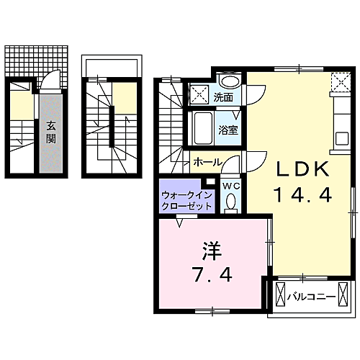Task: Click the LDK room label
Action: pyautogui.click(x=302, y=169)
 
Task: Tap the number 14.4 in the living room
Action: pyautogui.click(x=302, y=194)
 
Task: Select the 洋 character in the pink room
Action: pyautogui.click(x=212, y=251)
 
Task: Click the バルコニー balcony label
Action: pyautogui.click(x=311, y=297)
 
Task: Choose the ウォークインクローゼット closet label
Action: pyautogui.click(x=186, y=200)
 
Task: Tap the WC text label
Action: pyautogui.click(x=231, y=186)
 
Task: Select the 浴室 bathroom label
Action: pyautogui.click(x=228, y=130)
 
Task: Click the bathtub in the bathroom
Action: pyautogui.click(x=203, y=128)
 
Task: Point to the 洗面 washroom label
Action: pyautogui.click(x=223, y=97)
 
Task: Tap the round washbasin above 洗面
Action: pyautogui.click(x=230, y=81)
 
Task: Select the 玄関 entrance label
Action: pyautogui.click(x=51, y=132)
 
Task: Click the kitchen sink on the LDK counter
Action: pyautogui.click(x=342, y=138)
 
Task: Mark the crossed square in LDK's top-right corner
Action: pyautogui.click(x=341, y=82)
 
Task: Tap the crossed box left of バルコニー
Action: pyautogui.click(x=280, y=294)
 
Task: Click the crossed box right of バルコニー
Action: pyautogui.click(x=343, y=294)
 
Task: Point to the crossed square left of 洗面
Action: pyautogui.click(x=199, y=94)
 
